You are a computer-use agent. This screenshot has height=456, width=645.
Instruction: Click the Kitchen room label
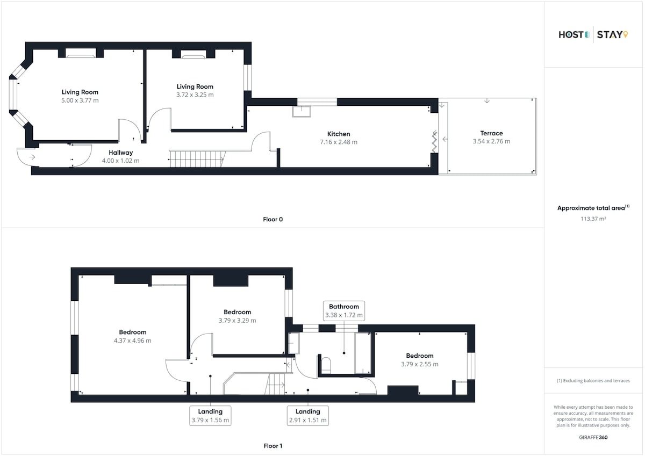(339, 134)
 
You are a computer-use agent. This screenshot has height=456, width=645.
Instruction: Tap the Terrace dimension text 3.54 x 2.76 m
(491, 141)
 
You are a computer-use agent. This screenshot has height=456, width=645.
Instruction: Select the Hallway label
(120, 153)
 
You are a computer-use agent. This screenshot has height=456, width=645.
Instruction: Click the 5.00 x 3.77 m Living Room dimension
(80, 100)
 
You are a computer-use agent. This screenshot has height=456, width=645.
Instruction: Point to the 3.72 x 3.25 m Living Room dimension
(195, 95)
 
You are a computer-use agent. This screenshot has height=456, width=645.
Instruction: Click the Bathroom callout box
(344, 310)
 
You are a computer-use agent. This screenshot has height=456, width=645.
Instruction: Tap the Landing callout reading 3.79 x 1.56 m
(210, 416)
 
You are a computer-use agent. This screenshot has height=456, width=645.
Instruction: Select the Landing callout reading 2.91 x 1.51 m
(308, 416)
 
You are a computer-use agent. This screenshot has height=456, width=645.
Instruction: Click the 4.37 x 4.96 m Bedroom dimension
(132, 341)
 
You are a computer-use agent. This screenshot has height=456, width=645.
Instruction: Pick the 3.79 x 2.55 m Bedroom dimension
(420, 364)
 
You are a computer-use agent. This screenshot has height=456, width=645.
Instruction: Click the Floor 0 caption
(273, 219)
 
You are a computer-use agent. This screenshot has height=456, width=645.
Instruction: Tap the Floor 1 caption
(273, 446)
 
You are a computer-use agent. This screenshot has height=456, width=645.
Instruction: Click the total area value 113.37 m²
(593, 219)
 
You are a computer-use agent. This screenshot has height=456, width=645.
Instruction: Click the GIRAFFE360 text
(593, 437)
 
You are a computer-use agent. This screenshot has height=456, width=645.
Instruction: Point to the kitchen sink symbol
(302, 112)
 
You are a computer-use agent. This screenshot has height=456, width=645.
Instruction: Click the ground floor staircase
(197, 158)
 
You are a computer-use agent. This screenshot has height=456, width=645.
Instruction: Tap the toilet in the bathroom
(326, 365)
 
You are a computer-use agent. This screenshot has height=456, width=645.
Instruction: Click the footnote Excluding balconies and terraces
(593, 381)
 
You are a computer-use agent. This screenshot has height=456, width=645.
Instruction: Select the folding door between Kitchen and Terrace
(434, 142)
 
